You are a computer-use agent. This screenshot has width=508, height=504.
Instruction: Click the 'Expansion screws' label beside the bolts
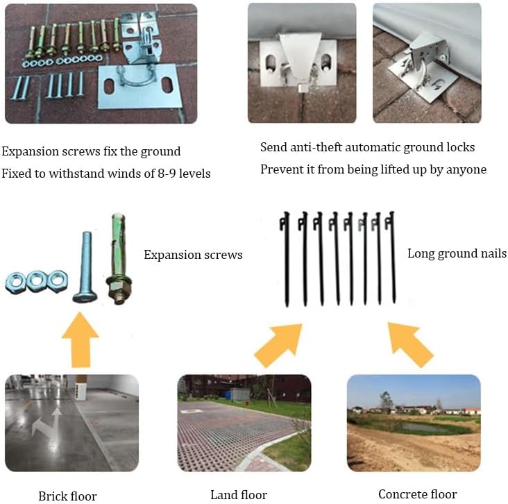tap(193, 255)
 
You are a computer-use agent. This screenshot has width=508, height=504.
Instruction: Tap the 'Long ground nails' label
tap(457, 253)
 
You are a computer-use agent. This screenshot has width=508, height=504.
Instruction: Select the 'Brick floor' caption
tap(67, 496)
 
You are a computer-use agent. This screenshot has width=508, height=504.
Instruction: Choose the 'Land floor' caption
tap(239, 494)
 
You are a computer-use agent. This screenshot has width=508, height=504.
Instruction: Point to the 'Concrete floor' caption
tap(418, 494)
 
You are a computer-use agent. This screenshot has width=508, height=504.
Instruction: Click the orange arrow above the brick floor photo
tap(81, 339)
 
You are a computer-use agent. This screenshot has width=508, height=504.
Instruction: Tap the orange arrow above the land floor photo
tap(279, 345)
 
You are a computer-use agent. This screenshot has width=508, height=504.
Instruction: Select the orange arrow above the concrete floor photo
tap(410, 344)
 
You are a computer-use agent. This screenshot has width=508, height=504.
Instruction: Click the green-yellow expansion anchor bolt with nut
tap(119, 259)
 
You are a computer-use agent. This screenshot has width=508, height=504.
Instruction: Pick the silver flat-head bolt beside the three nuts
tap(85, 267)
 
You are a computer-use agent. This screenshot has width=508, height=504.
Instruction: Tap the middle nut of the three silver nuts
tap(36, 280)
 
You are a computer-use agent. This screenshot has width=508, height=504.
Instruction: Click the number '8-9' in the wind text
tap(167, 174)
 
